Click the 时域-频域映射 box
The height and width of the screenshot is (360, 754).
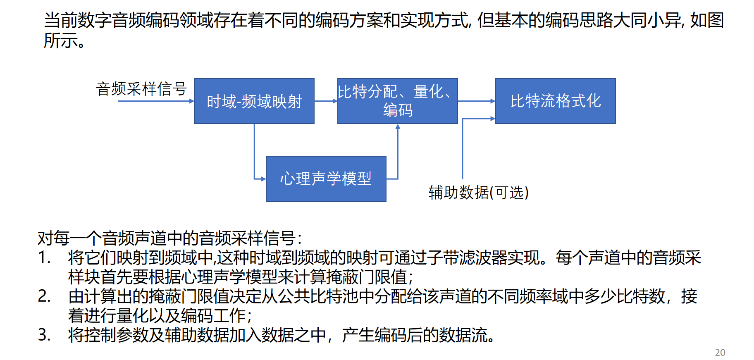coord(254,101)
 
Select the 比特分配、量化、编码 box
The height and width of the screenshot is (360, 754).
coord(397,101)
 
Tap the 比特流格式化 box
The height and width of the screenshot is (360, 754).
coord(555,101)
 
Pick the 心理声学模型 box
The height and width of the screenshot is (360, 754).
coord(326,179)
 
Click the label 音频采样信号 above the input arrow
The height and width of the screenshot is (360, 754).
coord(141,89)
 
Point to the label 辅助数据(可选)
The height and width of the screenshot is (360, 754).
coord(478,192)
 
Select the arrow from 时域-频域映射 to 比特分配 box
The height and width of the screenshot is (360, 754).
coord(326,101)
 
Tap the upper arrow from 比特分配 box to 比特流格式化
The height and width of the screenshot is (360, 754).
coord(476,101)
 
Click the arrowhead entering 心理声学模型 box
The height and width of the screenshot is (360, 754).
coord(263,179)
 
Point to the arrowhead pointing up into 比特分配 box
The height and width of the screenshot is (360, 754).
coord(398,127)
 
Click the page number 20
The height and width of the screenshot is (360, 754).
coord(720,353)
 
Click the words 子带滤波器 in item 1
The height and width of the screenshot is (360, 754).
coord(467,257)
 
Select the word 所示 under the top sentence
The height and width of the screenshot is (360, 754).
coord(60,41)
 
